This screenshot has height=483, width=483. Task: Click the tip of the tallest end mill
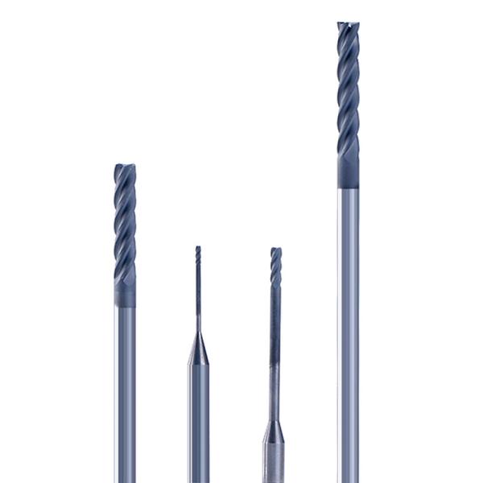[x=348, y=24]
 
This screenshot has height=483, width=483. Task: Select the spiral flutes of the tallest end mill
[x=348, y=89]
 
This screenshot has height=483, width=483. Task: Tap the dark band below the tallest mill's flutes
[x=348, y=171]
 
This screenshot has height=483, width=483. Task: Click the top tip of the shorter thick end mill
[x=125, y=167]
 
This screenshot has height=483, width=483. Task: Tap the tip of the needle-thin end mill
[x=198, y=248]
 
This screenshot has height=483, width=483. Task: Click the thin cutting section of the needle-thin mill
[x=198, y=282]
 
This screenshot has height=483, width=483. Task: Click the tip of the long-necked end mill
[x=275, y=250]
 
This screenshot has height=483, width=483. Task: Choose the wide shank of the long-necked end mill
[x=274, y=463]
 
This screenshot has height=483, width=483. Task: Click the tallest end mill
[x=349, y=242]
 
